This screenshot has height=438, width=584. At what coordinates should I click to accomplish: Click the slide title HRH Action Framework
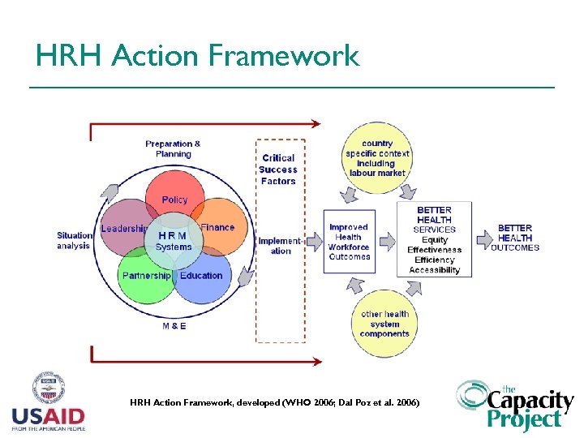pyautogui.click(x=197, y=55)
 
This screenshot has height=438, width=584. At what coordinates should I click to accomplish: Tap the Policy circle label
pyautogui.click(x=174, y=200)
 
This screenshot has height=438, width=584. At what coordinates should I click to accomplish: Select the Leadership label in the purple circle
pyautogui.click(x=124, y=230)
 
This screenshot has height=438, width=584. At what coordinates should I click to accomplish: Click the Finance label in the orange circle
pyautogui.click(x=217, y=228)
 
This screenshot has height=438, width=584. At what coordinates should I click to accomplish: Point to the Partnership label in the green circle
pyautogui.click(x=146, y=276)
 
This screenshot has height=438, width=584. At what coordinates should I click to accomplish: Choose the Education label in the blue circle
pyautogui.click(x=201, y=276)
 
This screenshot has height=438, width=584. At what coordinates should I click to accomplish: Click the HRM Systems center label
pyautogui.click(x=174, y=241)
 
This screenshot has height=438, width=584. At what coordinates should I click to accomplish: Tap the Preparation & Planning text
pyautogui.click(x=173, y=149)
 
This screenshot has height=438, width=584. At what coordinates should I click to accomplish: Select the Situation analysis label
pyautogui.click(x=75, y=241)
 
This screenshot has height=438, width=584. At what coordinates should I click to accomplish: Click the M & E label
pyautogui.click(x=174, y=326)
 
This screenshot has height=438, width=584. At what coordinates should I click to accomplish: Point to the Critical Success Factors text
pyautogui.click(x=278, y=170)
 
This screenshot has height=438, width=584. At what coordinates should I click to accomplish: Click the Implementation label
pyautogui.click(x=280, y=246)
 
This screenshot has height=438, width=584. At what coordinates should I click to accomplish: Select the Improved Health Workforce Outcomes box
pyautogui.click(x=350, y=242)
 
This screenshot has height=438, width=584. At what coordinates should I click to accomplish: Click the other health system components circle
pyautogui.click(x=384, y=324)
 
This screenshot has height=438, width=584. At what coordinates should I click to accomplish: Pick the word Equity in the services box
pyautogui.click(x=435, y=240)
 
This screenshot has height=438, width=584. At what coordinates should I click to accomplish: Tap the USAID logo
pyautogui.click(x=48, y=402)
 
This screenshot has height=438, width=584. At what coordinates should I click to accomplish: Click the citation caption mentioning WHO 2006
pyautogui.click(x=275, y=402)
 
